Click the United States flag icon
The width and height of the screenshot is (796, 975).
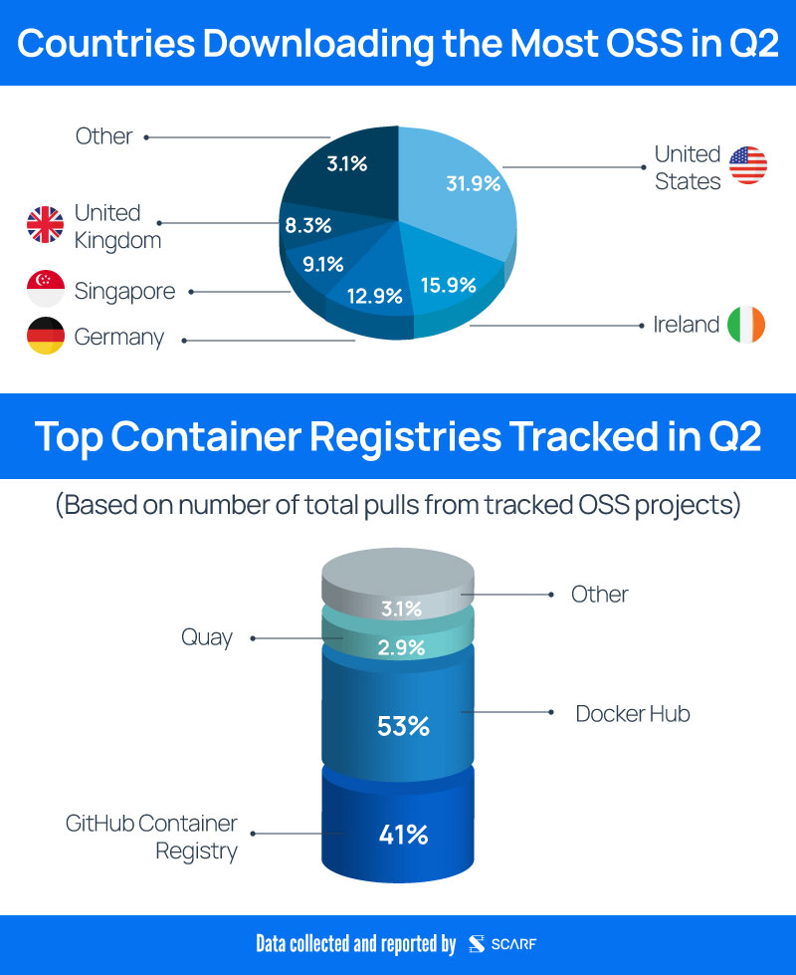[748, 165]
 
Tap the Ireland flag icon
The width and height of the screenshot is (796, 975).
[746, 325]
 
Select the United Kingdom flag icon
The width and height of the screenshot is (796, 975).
[45, 225]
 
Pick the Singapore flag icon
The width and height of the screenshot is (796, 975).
[45, 290]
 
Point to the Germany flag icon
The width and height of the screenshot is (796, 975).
[45, 337]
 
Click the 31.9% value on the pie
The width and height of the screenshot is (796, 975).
[473, 184]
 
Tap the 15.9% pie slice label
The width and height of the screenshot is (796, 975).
[448, 284]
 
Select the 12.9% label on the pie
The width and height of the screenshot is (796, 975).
[374, 296]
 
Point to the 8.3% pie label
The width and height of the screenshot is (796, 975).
[307, 226]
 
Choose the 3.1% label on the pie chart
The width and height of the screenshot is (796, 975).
[347, 163]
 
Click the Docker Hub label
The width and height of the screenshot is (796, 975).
[632, 713]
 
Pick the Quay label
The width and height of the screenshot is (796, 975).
[207, 637]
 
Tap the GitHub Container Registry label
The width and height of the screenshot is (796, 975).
[152, 837]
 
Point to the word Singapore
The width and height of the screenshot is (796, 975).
[124, 291]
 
